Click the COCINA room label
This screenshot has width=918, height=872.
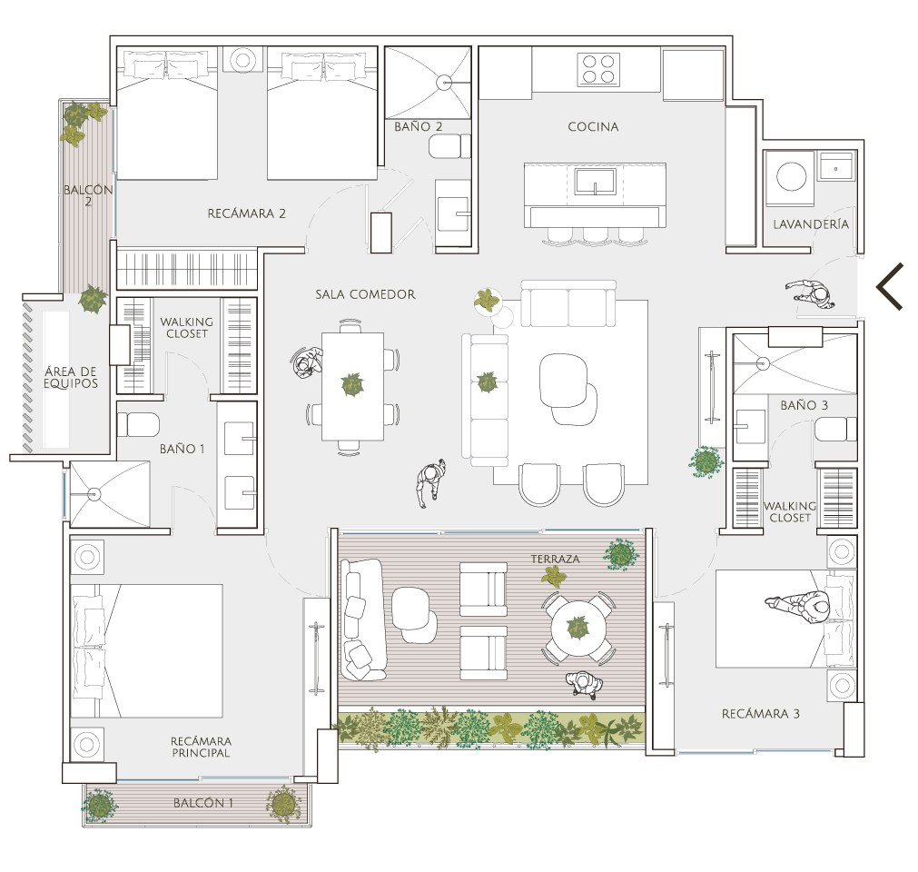tap(593, 126)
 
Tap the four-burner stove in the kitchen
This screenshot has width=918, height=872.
tap(598, 69)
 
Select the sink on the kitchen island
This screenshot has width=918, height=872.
tap(595, 182)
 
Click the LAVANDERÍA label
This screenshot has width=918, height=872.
tap(811, 224)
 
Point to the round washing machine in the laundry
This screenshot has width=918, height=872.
tap(791, 176)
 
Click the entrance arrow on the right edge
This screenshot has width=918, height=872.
tap(889, 286)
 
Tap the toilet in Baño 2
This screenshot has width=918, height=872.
tap(449, 146)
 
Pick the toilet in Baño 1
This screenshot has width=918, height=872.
tap(138, 425)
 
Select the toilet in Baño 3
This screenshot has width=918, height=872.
tap(835, 430)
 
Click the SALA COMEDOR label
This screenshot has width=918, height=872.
tap(365, 294)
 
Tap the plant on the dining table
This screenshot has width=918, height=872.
tap(352, 385)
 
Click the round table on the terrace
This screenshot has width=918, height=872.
tap(578, 629)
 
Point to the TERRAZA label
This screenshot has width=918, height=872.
tap(555, 560)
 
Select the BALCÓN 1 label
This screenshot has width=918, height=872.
tap(203, 803)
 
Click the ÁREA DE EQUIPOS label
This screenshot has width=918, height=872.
tap(71, 378)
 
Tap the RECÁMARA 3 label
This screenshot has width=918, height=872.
tap(761, 714)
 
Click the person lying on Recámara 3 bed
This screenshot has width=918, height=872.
tap(798, 606)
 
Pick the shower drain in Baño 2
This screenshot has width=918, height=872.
tap(444, 83)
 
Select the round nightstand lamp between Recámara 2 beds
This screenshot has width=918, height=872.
tap(242, 60)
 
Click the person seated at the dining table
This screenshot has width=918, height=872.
tap(306, 362)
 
